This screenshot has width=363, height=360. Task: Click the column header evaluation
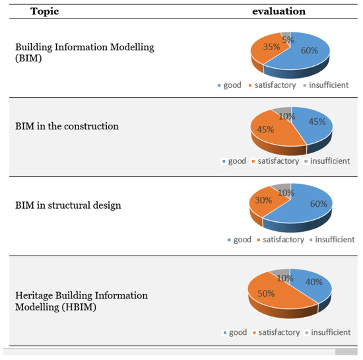point(278,11)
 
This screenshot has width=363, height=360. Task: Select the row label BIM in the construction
point(67,126)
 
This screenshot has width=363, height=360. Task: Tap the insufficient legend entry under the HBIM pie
point(330,332)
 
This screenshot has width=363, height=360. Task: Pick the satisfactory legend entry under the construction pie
point(277,161)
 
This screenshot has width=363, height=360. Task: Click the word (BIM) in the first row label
point(28,58)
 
